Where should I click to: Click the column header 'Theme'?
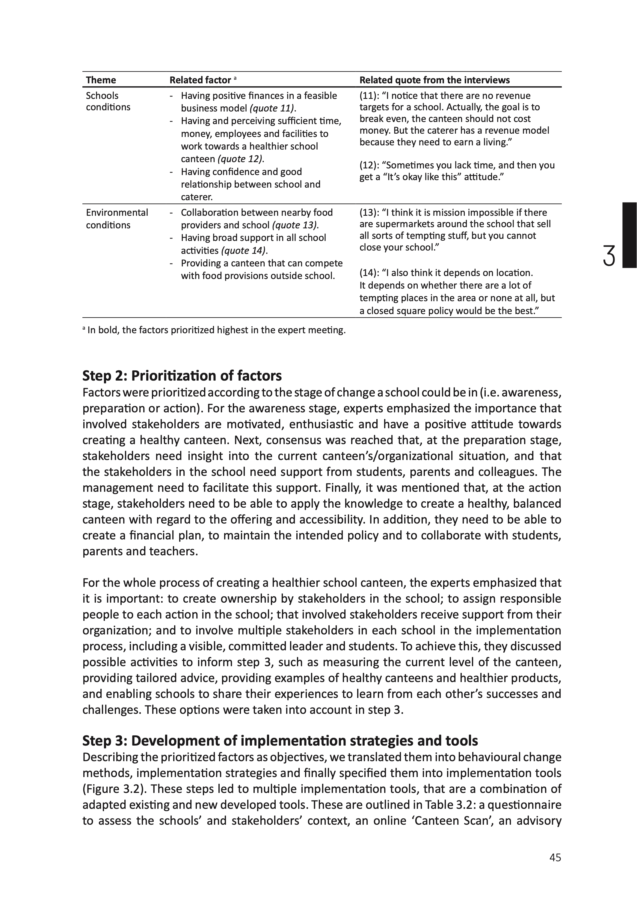(101, 80)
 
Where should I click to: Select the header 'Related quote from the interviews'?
(434, 80)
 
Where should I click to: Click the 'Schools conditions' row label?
(108, 101)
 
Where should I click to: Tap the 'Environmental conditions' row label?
(117, 218)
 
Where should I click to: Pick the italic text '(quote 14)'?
(244, 251)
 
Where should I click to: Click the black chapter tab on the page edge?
(629, 235)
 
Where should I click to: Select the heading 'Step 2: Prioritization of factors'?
(182, 376)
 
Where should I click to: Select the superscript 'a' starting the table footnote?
(84, 329)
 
